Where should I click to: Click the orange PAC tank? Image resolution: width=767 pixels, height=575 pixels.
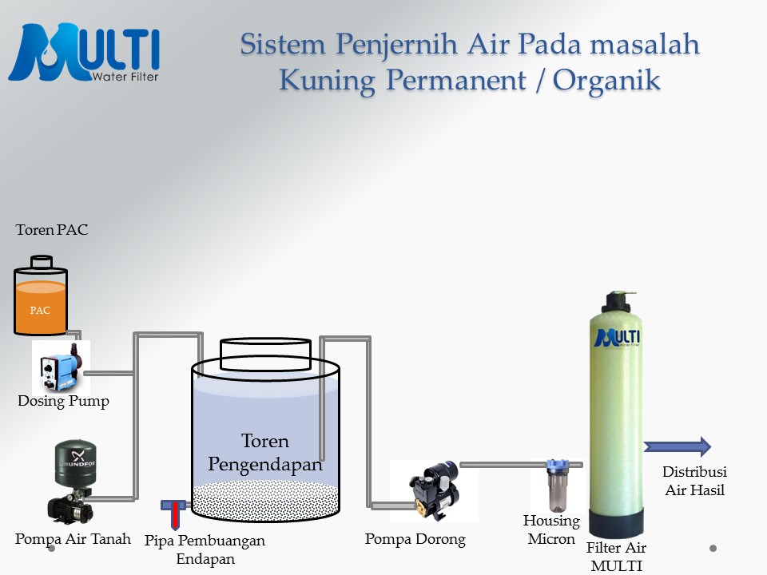40,303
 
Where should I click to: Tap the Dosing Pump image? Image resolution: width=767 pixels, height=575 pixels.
61,367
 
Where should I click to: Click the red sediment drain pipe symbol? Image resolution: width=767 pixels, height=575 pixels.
173,510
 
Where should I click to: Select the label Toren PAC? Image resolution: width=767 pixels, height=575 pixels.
52,230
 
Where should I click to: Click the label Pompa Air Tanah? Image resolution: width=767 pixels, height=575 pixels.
73,539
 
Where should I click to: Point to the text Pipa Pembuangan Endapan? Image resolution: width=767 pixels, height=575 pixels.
205,549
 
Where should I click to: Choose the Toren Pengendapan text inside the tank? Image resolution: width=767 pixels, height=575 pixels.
265,452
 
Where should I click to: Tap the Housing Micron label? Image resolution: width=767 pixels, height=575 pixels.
551,529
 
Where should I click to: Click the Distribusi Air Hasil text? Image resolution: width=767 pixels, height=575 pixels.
694,481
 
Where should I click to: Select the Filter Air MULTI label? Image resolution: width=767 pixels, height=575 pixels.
616,556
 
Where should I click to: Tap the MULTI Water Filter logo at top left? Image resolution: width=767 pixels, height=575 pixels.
84,53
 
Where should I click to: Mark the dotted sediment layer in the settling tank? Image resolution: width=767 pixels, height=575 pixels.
265,499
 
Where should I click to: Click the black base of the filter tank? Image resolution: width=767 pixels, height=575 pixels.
616,524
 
